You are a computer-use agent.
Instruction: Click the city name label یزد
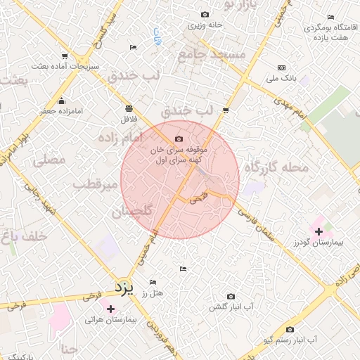[x=124, y=288]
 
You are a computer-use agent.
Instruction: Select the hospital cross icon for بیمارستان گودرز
[x=319, y=231]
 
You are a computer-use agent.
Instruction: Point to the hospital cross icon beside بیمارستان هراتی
[x=110, y=309]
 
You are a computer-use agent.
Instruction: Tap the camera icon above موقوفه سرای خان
[x=179, y=139]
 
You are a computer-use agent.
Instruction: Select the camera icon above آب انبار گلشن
[x=231, y=297]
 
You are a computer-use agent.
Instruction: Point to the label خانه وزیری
[x=205, y=25]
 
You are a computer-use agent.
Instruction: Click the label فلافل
[x=129, y=119]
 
